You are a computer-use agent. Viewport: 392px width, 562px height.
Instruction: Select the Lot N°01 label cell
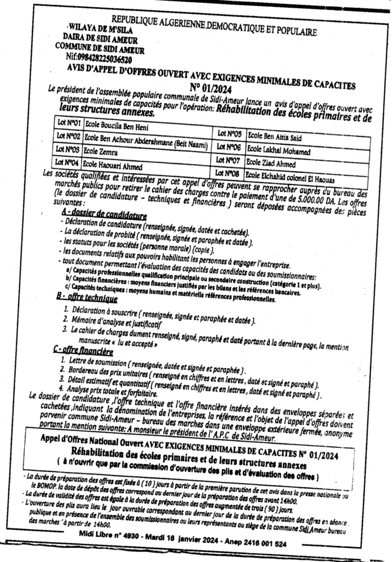pos(69,122)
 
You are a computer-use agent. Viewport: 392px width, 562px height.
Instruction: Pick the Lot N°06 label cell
pos(229,147)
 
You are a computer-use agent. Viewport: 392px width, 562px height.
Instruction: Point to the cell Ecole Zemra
pos(102,150)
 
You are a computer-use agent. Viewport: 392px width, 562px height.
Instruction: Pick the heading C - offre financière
pos(83,350)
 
